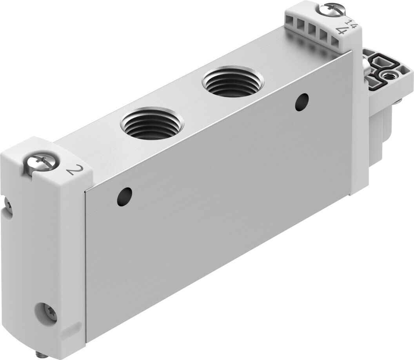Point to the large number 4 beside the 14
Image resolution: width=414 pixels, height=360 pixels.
click(x=342, y=31)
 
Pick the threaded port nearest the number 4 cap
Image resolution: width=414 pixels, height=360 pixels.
click(x=232, y=82)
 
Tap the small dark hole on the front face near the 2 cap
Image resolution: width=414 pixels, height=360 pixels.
click(x=124, y=197)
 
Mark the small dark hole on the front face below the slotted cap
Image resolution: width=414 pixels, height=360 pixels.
click(x=302, y=102)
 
